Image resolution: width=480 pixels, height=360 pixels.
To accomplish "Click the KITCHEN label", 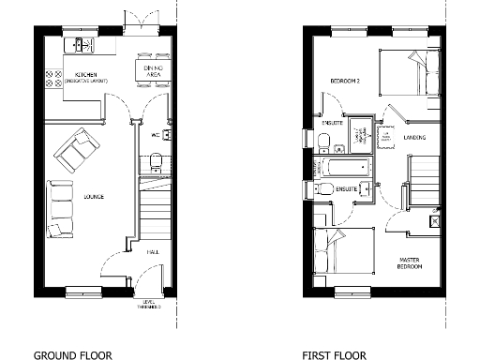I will coord(85,75).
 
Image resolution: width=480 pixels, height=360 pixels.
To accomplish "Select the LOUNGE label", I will coord(94,197).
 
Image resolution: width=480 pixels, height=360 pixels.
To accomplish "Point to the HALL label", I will coord(152,251).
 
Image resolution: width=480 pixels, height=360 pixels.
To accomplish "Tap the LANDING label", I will coord(415,138).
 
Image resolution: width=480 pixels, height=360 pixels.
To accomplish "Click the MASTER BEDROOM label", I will coord(409,262).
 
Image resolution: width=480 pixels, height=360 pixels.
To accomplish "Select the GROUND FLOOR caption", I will coord(72,355).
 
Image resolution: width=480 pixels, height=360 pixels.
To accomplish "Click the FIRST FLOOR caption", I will coord(335,355).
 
